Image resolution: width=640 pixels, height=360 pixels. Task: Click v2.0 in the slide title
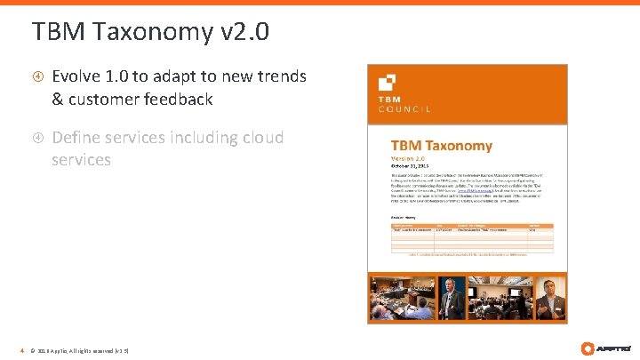[x=243, y=33]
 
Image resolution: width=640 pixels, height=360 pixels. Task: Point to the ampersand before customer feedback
[x=59, y=99]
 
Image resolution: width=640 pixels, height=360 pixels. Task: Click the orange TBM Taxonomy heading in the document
[x=441, y=145]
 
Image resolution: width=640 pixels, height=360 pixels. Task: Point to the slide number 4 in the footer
[x=22, y=350]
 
